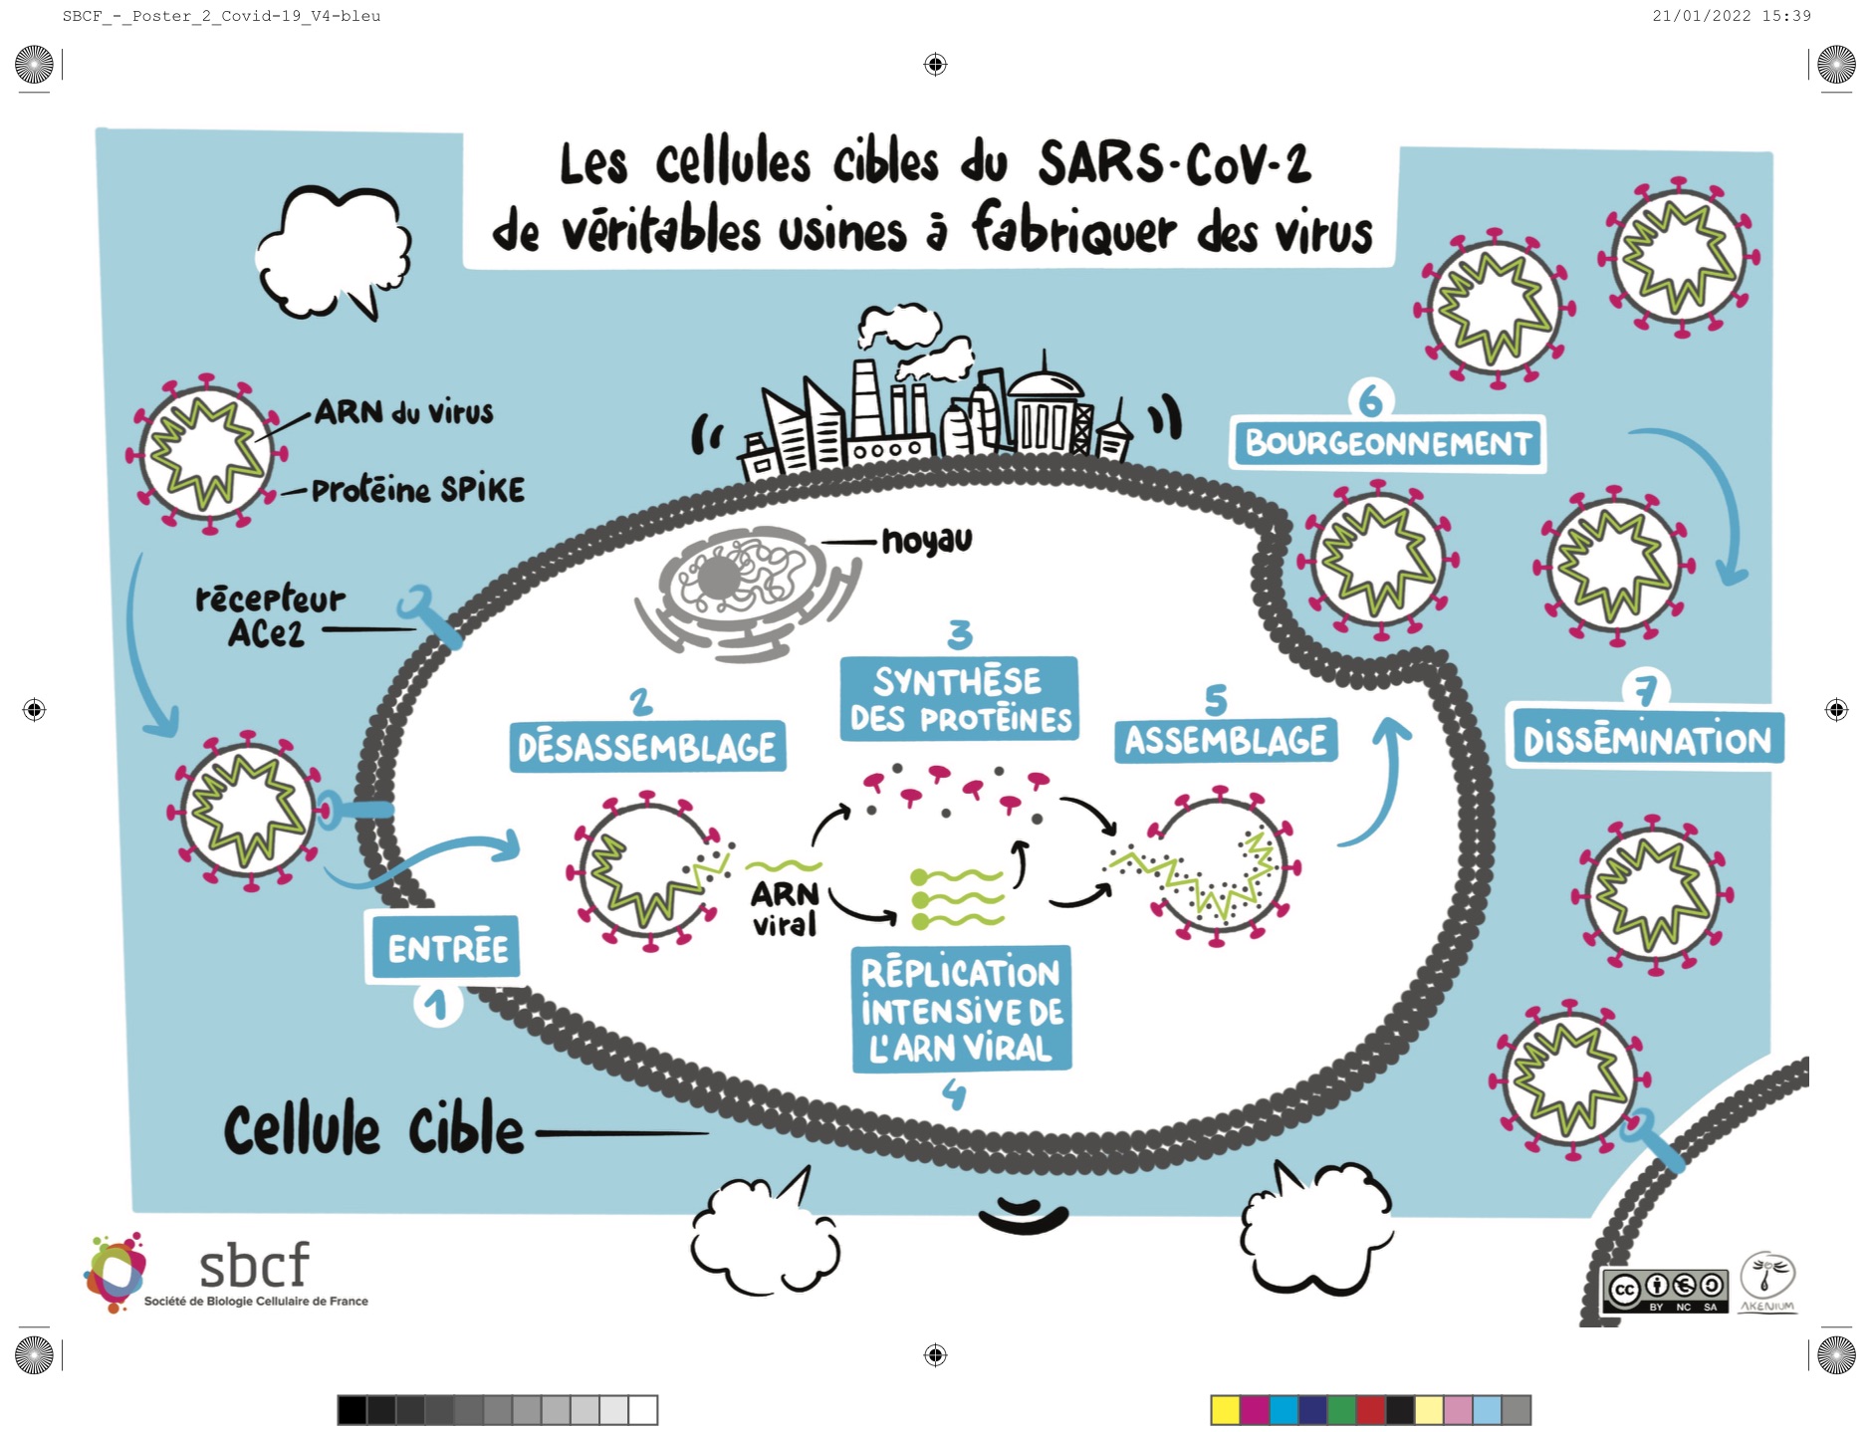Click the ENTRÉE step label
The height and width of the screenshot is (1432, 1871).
click(447, 947)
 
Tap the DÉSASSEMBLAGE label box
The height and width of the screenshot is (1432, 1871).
click(647, 747)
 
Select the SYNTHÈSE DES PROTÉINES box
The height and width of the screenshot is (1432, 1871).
click(960, 699)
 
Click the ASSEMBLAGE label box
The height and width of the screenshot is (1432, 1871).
click(1225, 740)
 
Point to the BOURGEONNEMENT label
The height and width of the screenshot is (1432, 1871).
click(1389, 443)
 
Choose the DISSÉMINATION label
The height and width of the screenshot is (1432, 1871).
click(1647, 739)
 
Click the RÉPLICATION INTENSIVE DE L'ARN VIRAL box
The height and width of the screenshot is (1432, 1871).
click(962, 1009)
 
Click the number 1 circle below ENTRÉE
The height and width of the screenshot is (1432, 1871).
click(437, 1005)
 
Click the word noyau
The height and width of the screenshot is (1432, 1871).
click(927, 541)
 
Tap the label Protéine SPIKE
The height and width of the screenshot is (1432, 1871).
click(418, 490)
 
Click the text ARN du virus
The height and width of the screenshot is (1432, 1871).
click(404, 412)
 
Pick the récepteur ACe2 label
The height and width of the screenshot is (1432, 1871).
click(269, 616)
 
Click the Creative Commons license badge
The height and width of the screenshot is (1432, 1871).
click(1664, 1291)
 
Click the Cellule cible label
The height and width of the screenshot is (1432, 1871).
click(373, 1130)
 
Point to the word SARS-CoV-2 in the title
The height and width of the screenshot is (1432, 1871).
click(1175, 164)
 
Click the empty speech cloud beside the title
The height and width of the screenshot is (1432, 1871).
click(333, 249)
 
